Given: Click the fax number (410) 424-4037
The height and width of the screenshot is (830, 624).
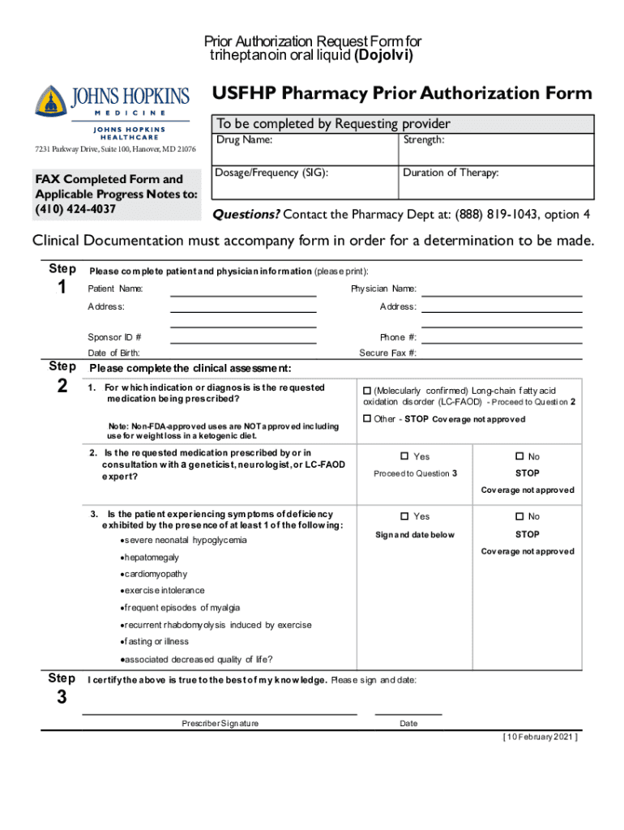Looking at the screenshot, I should pos(75,209).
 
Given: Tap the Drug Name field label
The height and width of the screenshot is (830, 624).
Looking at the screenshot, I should pos(243,140).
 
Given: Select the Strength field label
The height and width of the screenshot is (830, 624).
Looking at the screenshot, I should pos(424,140).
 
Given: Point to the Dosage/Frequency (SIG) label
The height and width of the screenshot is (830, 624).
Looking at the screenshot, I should pos(271,173).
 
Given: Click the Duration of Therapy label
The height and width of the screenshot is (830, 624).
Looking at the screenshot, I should pos(451,173).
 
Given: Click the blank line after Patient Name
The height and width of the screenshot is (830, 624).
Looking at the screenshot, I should pos(243,294).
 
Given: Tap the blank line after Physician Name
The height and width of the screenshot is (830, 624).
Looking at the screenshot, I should pos(502,294).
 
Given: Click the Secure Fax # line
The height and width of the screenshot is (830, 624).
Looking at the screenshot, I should pos(502,357).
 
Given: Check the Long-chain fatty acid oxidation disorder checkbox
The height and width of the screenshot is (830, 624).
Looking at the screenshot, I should pos(367,391).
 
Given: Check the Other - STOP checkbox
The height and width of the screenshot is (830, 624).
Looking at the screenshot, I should pos(367,419).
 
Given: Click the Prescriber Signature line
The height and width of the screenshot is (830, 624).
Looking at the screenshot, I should pos(220,713).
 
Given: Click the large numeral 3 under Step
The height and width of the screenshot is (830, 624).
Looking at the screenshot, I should pos(62,698).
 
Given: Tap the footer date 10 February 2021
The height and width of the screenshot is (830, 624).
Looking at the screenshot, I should pos(540,737).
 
